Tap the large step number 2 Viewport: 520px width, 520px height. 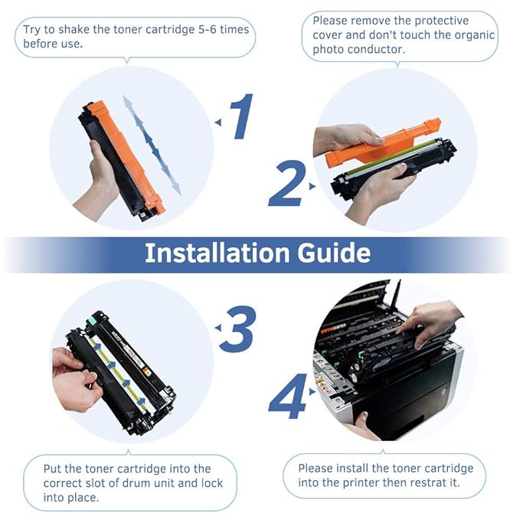point(286,183)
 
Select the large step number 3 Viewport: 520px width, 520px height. point(238,329)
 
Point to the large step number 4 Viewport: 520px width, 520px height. point(288,396)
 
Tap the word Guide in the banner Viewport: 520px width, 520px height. point(333,253)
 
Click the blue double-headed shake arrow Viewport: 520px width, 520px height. point(152,146)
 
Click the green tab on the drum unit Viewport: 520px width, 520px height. point(91,322)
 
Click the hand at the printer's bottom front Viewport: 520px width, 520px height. point(361,427)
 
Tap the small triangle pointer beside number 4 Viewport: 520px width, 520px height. point(312,392)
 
